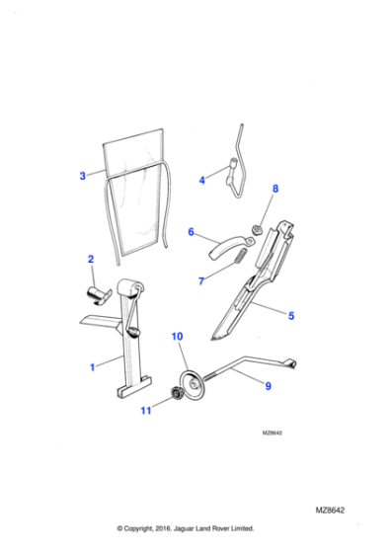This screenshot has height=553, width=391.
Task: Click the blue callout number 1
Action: (x=92, y=366)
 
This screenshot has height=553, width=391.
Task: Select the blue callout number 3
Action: (x=82, y=177)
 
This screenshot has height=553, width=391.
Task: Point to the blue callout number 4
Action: (x=201, y=180)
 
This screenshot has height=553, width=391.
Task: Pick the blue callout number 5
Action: (x=290, y=315)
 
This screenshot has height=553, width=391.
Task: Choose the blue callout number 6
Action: (x=191, y=233)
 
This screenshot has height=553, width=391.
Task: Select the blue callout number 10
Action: (x=178, y=339)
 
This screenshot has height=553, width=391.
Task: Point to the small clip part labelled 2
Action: (x=99, y=291)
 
